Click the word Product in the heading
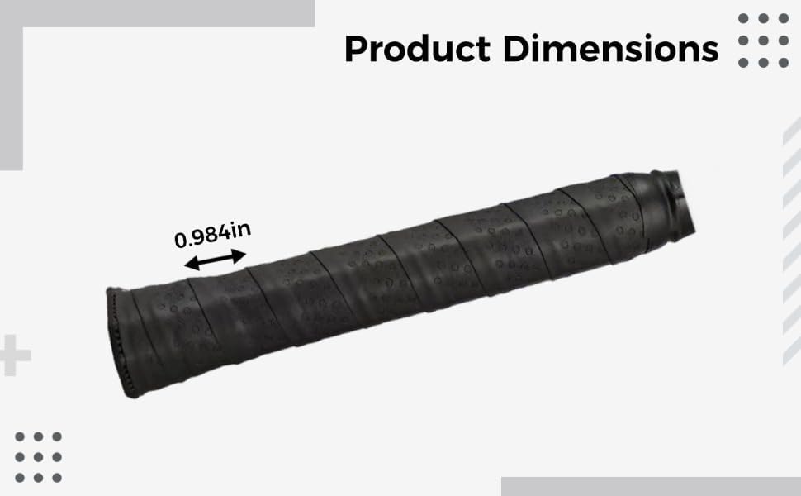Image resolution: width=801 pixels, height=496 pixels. click(x=417, y=49)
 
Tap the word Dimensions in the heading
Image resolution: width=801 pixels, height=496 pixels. click(x=611, y=49)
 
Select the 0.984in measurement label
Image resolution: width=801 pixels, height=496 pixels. click(x=212, y=235)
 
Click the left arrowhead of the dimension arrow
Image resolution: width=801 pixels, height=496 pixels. click(x=190, y=264)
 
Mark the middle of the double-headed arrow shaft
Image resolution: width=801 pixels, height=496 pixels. click(x=215, y=260)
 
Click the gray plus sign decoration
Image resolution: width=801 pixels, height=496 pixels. click(x=14, y=355)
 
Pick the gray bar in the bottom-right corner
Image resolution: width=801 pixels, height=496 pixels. click(x=651, y=486)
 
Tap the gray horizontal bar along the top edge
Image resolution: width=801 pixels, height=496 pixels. click(x=158, y=13)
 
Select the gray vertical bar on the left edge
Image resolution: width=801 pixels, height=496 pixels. click(x=12, y=98)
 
